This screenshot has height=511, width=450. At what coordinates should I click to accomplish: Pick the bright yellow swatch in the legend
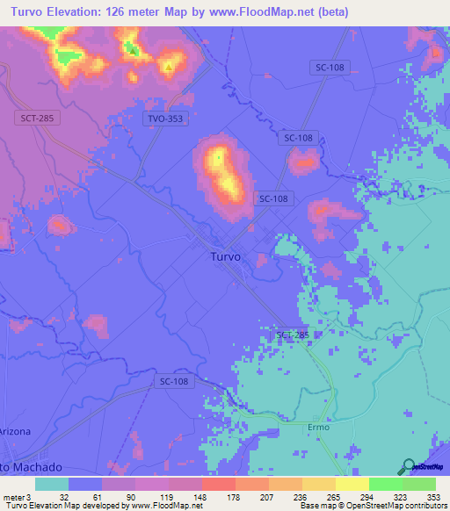click(x=352, y=484)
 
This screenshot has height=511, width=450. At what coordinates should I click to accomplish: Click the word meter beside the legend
click(x=12, y=496)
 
